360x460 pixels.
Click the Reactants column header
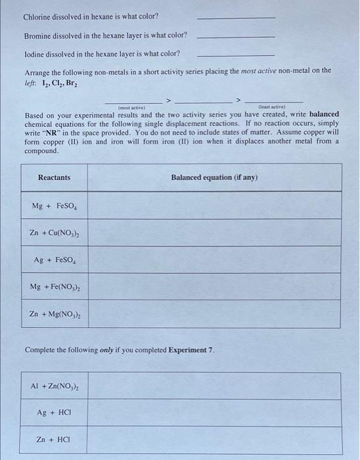pyautogui.click(x=54, y=177)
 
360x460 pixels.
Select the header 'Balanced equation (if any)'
pyautogui.click(x=214, y=177)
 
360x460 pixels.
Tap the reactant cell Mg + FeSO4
pyautogui.click(x=54, y=206)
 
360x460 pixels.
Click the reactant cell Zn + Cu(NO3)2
pyautogui.click(x=54, y=233)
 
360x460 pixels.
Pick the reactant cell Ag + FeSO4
pyautogui.click(x=54, y=260)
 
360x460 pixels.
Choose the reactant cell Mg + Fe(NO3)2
pyautogui.click(x=54, y=287)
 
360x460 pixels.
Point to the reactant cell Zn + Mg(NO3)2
pyautogui.click(x=54, y=314)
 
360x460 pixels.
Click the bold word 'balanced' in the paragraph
pyautogui.click(x=319, y=114)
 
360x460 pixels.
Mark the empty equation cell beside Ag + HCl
pyautogui.click(x=214, y=413)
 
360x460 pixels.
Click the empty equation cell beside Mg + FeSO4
pyautogui.click(x=214, y=206)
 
